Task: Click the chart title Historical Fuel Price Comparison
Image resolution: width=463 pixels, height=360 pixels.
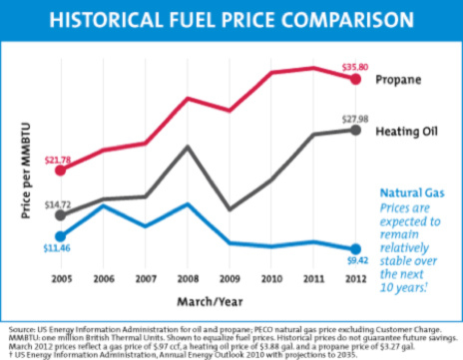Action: (231, 20)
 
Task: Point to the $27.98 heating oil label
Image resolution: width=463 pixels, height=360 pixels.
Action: (356, 120)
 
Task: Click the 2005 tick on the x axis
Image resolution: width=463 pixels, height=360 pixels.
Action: (60, 278)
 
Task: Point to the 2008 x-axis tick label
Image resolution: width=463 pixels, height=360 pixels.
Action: (188, 278)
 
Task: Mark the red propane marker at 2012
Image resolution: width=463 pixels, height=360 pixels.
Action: (356, 78)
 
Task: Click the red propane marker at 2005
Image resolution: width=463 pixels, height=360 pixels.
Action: (60, 170)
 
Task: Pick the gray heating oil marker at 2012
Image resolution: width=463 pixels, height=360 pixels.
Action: (356, 131)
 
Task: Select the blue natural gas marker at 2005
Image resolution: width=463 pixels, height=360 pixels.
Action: (60, 235)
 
